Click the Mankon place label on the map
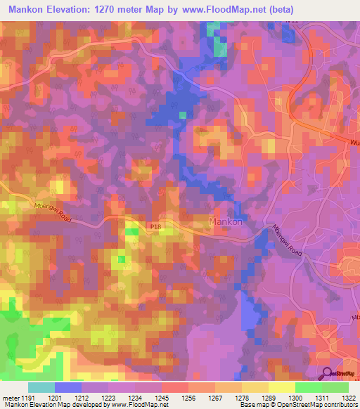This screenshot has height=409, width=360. [x=226, y=222]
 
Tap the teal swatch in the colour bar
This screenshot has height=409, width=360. [x=41, y=387]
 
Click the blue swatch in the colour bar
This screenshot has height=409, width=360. [x=68, y=387]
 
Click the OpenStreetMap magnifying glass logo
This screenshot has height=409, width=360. [x=328, y=372]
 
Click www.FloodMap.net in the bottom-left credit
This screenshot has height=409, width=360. [x=134, y=405]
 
